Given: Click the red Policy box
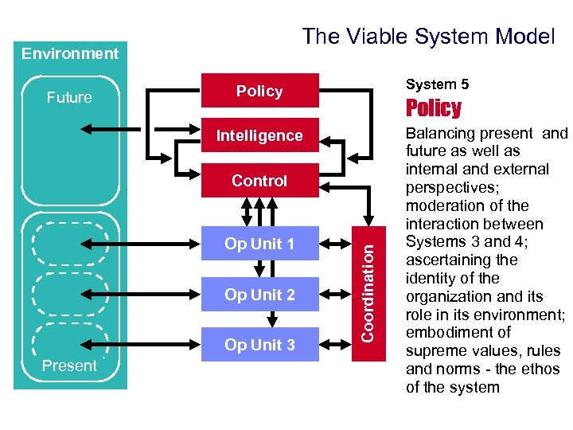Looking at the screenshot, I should click(259, 91).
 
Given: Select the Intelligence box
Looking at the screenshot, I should click(259, 136).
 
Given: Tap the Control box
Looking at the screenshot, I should click(259, 181).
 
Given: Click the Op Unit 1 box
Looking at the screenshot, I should click(259, 244).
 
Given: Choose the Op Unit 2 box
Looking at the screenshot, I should click(259, 295).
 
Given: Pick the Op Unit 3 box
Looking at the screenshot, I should click(259, 345).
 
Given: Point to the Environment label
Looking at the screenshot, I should click(70, 54).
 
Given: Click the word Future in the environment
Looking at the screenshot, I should click(69, 98).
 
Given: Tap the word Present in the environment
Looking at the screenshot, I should click(69, 366).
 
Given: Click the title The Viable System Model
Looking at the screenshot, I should click(427, 36).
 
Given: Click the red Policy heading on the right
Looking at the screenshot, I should click(434, 108).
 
